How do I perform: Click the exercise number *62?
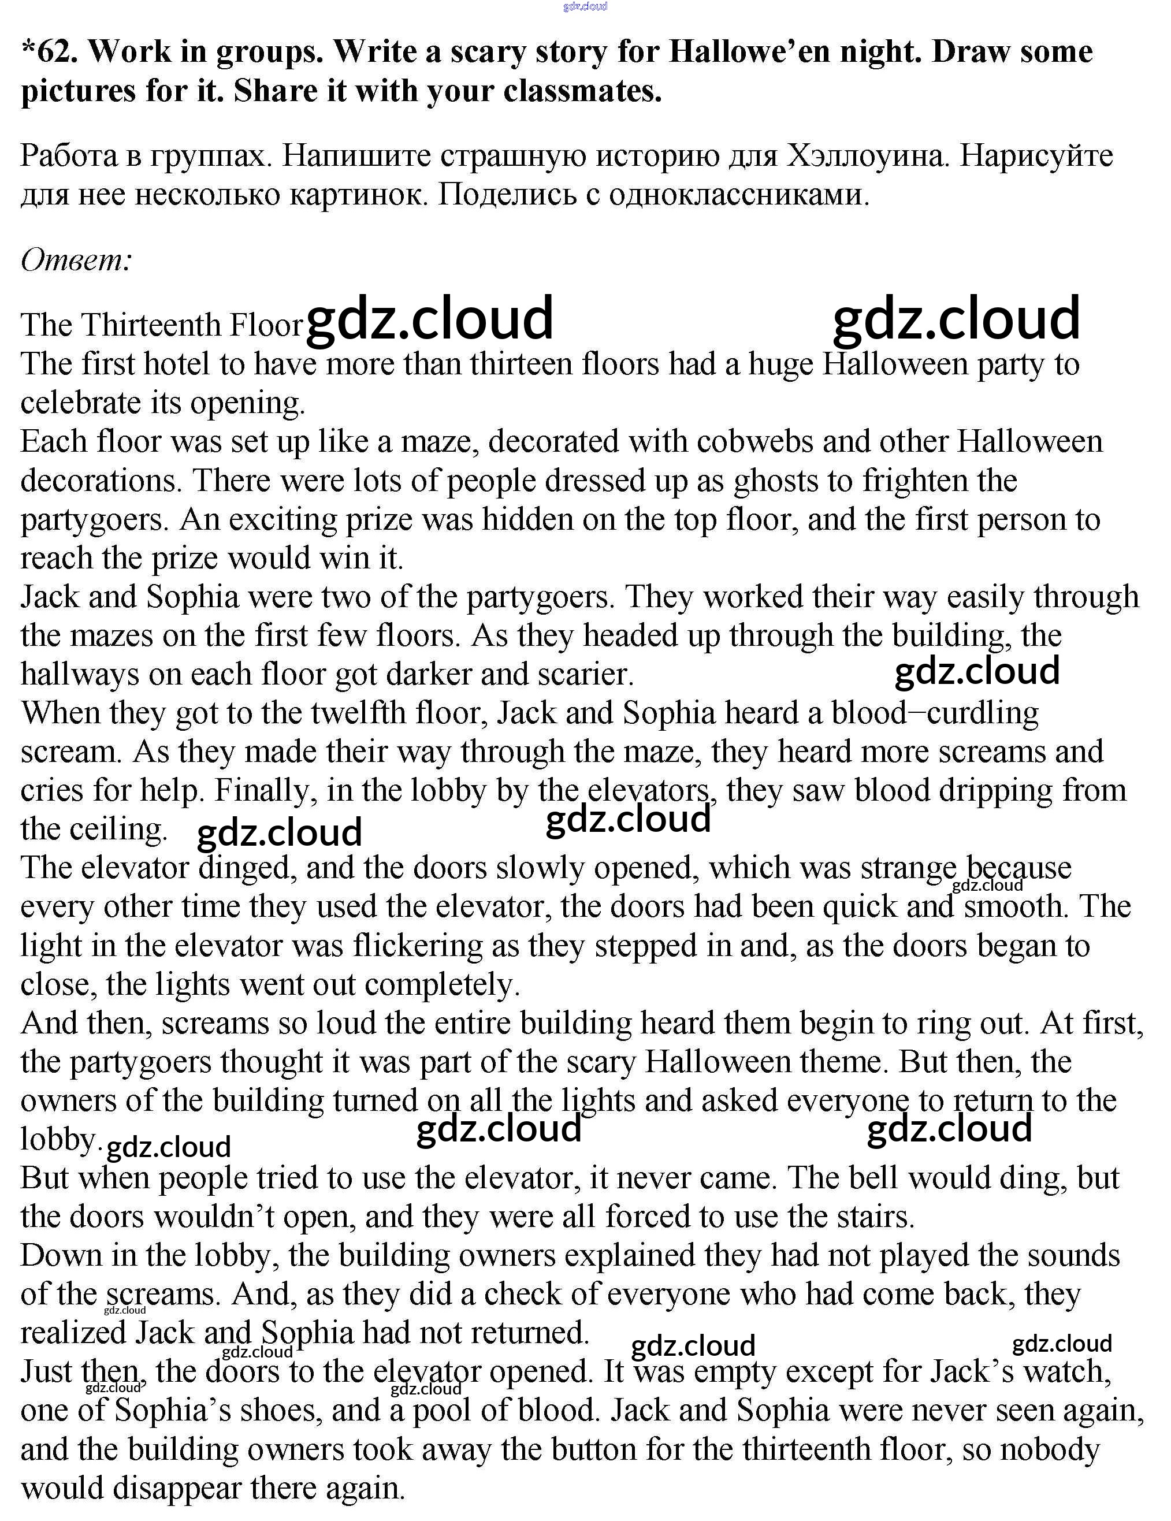pyautogui.click(x=50, y=51)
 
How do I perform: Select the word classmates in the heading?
pyautogui.click(x=582, y=91)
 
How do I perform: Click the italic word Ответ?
pyautogui.click(x=76, y=261)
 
